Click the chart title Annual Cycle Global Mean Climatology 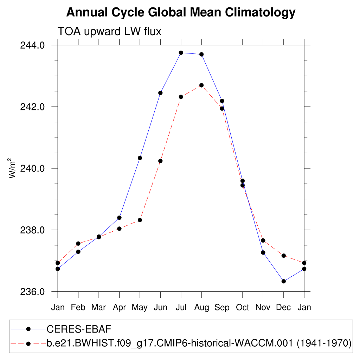pyautogui.click(x=181, y=13)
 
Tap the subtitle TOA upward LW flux pyautogui.click(x=109, y=31)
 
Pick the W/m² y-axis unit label pyautogui.click(x=13, y=168)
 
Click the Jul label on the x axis pyautogui.click(x=181, y=308)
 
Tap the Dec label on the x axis pyautogui.click(x=283, y=308)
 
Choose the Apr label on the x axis pyautogui.click(x=119, y=308)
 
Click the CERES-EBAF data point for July pyautogui.click(x=181, y=53)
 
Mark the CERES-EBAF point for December pyautogui.click(x=283, y=281)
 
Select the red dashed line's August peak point pyautogui.click(x=201, y=85)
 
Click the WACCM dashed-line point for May pyautogui.click(x=140, y=220)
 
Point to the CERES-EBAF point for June pyautogui.click(x=160, y=93)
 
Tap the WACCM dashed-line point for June pyautogui.click(x=160, y=161)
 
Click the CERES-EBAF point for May pyautogui.click(x=140, y=158)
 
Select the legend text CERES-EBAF pyautogui.click(x=79, y=329)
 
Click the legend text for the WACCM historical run pyautogui.click(x=199, y=343)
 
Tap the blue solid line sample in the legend pyautogui.click(x=28, y=329)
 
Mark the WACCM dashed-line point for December pyautogui.click(x=283, y=256)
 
